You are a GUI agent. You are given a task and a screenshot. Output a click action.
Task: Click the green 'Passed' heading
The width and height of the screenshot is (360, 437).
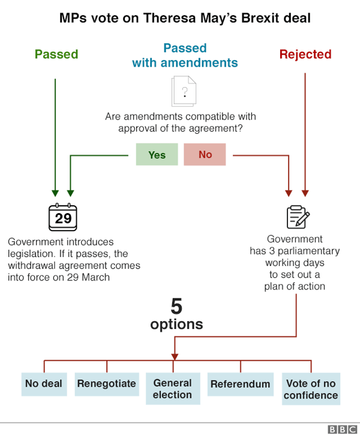(56, 54)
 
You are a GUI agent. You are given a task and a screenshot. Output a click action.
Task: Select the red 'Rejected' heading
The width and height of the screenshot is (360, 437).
(305, 54)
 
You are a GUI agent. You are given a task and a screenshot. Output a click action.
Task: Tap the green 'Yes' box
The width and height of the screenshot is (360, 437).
(157, 155)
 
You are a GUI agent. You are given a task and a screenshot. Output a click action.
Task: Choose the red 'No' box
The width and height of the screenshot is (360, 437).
(205, 155)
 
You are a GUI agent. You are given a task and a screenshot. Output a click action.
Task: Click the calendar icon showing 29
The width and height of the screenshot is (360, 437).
(63, 217)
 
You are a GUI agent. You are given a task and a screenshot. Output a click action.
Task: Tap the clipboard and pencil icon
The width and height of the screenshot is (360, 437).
(298, 217)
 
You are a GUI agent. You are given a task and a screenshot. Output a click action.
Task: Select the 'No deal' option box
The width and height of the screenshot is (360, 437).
(43, 384)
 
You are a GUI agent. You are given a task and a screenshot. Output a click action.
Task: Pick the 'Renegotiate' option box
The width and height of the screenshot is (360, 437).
(106, 384)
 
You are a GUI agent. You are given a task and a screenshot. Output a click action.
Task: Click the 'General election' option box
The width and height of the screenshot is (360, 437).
(172, 389)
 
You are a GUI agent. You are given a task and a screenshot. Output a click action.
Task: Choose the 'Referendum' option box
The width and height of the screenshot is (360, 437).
(240, 384)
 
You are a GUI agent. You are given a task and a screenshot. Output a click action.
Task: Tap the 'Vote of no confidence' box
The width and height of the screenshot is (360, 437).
(311, 389)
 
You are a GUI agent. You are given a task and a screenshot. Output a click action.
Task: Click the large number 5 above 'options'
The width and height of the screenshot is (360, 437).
(176, 307)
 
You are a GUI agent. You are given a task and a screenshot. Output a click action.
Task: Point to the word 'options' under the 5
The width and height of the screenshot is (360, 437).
(176, 325)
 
